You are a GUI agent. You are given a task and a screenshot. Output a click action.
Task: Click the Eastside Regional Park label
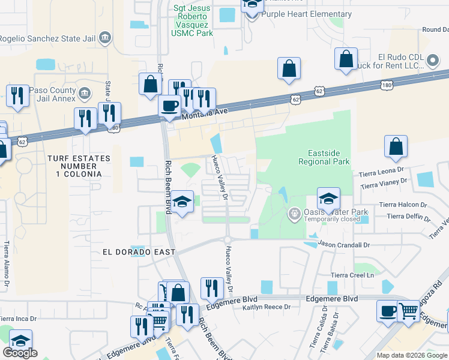pos(324,157)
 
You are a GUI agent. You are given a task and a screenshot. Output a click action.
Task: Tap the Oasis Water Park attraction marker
pos(294,213)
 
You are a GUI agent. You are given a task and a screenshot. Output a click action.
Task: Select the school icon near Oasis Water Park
pos(328,199)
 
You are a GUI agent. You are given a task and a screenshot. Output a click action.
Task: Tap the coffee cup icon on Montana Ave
pos(169,106)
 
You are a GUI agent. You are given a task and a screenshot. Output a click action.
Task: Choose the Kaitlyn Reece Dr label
pos(267,307)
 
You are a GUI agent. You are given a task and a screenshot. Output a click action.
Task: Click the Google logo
pos(20,353)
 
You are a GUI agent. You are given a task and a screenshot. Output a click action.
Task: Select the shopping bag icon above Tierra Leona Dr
pos(396,147)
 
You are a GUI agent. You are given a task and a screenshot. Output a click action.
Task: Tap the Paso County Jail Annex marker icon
pos(85,94)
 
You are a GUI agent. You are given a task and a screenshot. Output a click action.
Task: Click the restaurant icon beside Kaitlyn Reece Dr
pos(211,289)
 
